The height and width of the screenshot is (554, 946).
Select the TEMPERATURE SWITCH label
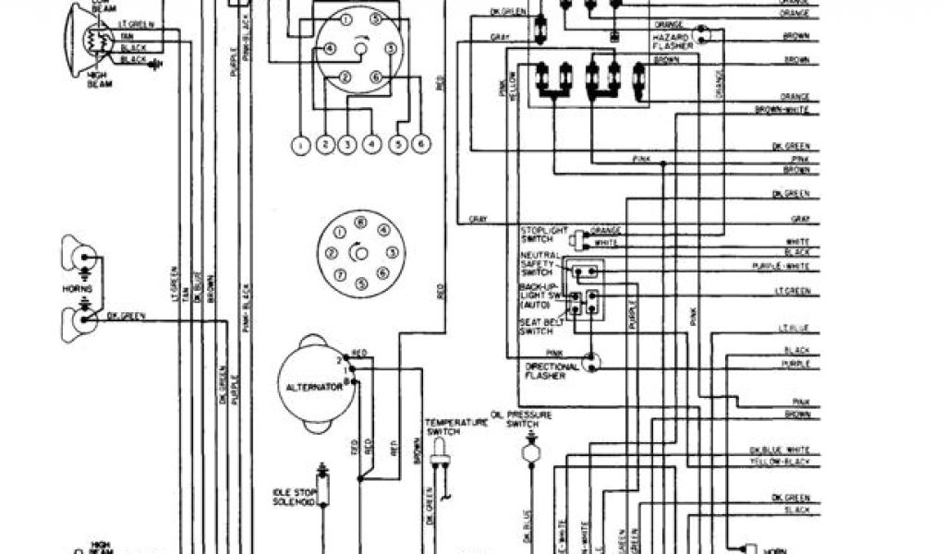point(443,427)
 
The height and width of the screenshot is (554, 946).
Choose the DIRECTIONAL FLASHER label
point(552,371)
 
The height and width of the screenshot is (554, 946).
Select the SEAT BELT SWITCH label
point(536,325)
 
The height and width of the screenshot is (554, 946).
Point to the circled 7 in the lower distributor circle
point(341,274)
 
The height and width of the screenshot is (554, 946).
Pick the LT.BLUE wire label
point(794,329)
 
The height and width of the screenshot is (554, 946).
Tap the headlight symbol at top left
point(88,40)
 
